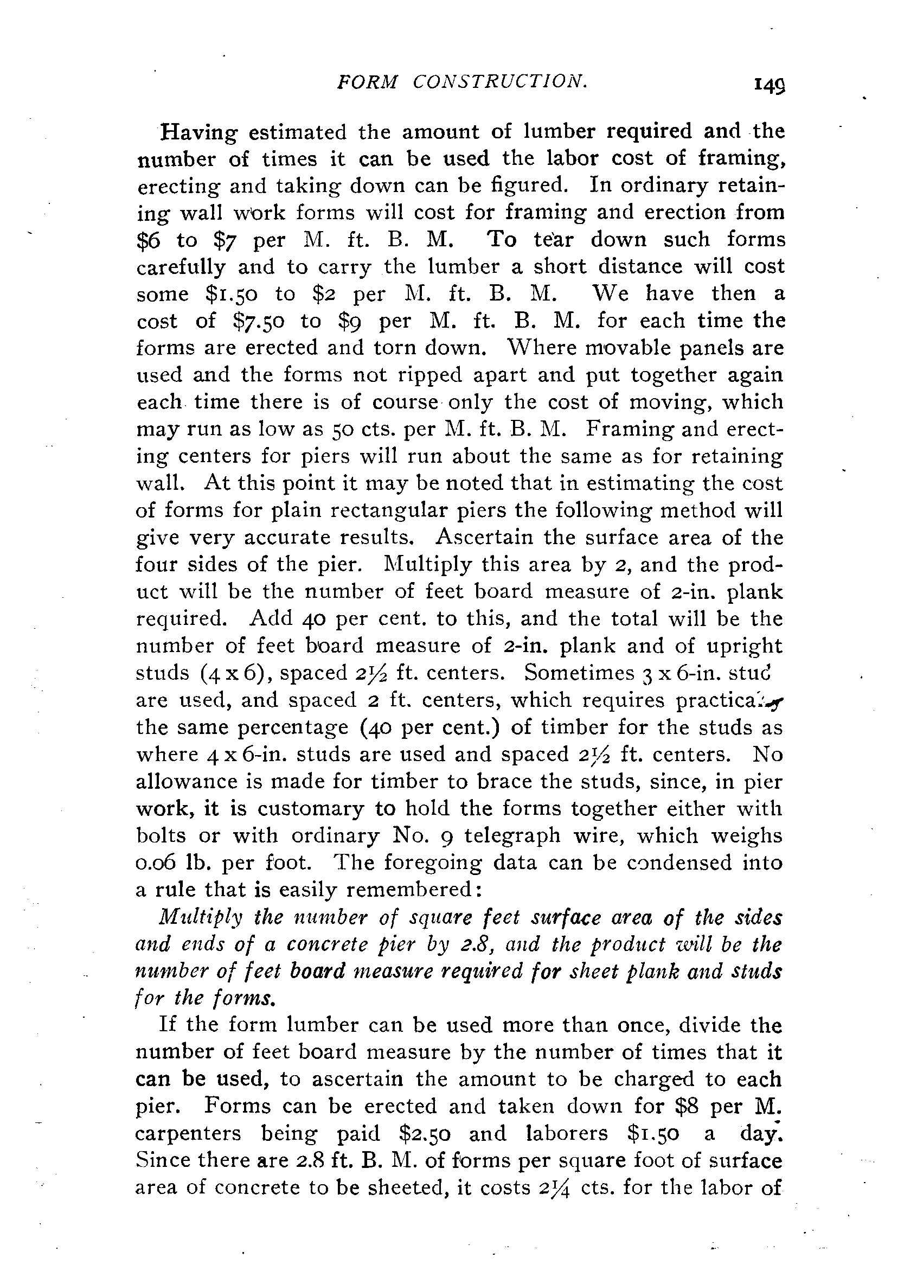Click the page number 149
[x=768, y=84]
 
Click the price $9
[x=351, y=321]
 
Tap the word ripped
[x=431, y=375]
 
